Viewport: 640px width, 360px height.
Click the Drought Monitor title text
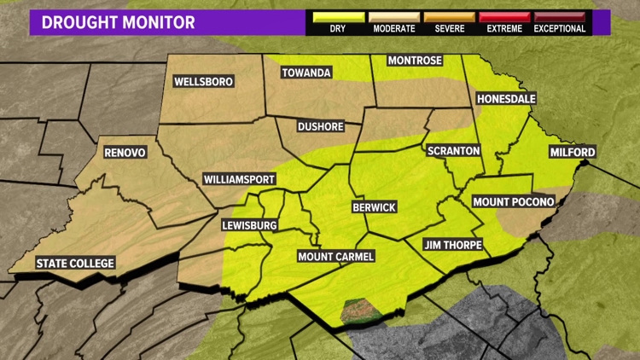click(x=119, y=22)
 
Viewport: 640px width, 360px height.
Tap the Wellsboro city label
click(x=203, y=82)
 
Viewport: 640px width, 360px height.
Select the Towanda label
click(x=306, y=73)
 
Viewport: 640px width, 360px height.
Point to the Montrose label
click(x=414, y=61)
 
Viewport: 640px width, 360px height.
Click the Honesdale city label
click(x=506, y=99)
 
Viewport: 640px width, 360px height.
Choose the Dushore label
click(x=320, y=126)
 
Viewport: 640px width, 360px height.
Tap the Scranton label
click(x=453, y=150)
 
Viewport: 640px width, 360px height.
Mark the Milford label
click(x=572, y=153)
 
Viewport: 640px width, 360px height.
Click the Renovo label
click(x=125, y=153)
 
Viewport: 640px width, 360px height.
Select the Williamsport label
click(x=239, y=180)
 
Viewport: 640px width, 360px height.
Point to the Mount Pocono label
click(x=514, y=201)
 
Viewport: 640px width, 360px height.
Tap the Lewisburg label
click(x=249, y=225)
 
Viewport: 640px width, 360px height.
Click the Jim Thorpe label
click(x=453, y=245)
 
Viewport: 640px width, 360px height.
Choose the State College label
click(x=75, y=263)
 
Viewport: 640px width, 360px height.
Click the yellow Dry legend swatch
click(x=338, y=16)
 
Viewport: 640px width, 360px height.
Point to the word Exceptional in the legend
click(x=560, y=29)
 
